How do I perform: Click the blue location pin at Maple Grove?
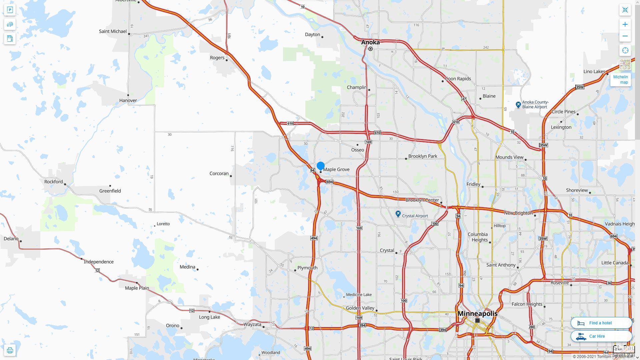coord(321,166)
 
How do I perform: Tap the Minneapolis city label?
coord(477,314)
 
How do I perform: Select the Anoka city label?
coord(370,42)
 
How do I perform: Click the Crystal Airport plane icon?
coord(398,214)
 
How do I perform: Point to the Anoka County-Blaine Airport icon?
coord(518,105)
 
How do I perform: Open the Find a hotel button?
coord(601,323)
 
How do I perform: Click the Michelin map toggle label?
coord(620,79)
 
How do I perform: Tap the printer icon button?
coord(10,350)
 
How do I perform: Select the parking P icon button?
coord(10,10)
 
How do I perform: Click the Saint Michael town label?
coord(113,31)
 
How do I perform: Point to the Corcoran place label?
coord(219,174)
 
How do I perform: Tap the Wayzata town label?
coord(252,324)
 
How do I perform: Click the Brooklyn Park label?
coord(423,156)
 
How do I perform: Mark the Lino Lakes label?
coord(594,72)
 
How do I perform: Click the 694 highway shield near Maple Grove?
coord(329,182)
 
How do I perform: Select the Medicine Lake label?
coord(359,295)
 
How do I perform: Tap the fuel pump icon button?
coord(10,38)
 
